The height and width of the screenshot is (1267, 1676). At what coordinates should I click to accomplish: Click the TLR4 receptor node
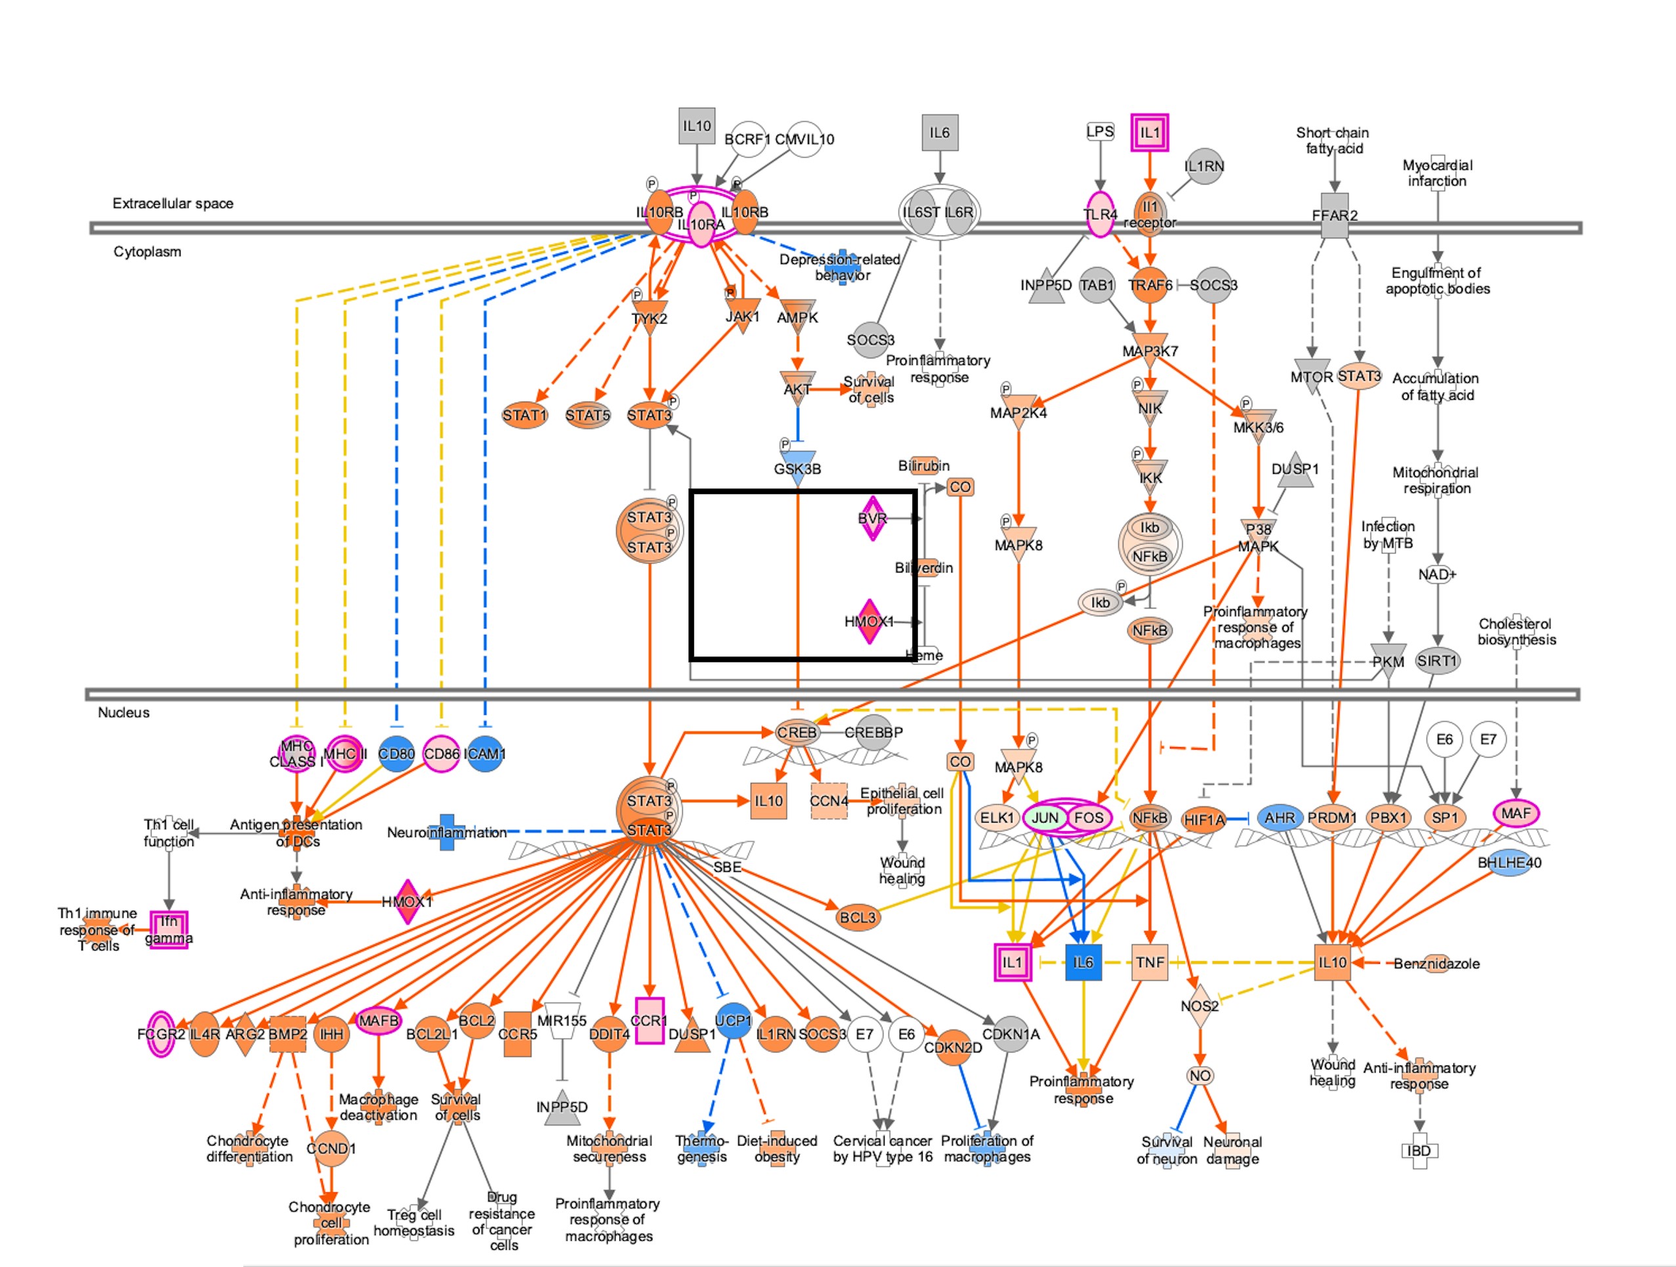(x=1099, y=215)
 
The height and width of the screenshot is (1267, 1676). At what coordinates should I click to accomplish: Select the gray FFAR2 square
(x=1334, y=216)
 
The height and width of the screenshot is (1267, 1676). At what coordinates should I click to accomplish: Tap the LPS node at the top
(x=1099, y=132)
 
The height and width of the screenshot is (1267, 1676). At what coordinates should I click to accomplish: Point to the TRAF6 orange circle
(x=1150, y=285)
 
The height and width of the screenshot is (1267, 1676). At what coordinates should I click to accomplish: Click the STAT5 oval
(x=588, y=416)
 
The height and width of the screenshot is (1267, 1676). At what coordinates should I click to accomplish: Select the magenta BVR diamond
(x=872, y=519)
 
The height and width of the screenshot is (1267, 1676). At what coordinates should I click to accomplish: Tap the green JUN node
(x=1045, y=817)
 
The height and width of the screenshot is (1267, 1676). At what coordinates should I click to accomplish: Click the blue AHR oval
(x=1280, y=817)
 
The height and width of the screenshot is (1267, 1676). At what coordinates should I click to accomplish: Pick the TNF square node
(x=1150, y=962)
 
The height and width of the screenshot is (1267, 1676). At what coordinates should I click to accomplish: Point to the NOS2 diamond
(x=1200, y=1006)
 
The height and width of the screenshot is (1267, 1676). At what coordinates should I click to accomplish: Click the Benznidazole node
(x=1436, y=963)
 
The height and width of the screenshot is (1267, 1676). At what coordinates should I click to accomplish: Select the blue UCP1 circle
(x=733, y=1021)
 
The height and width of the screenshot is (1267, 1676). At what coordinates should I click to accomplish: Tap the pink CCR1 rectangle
(x=648, y=1021)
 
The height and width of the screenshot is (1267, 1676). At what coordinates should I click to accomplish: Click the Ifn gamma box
(x=169, y=930)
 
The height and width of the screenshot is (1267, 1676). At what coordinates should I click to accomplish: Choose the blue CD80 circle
(x=396, y=754)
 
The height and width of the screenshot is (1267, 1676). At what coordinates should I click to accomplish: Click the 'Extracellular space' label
(x=173, y=203)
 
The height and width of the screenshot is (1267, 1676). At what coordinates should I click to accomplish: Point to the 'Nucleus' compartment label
(x=123, y=712)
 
